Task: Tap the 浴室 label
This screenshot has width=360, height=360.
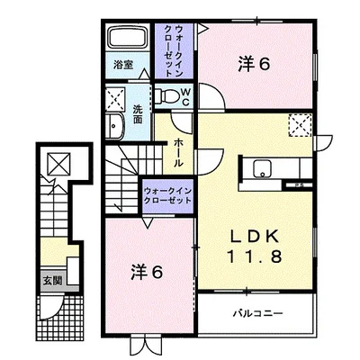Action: pyautogui.click(x=123, y=65)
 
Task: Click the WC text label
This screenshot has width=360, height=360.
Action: pyautogui.click(x=185, y=96)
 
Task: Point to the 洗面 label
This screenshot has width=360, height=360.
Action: pyautogui.click(x=138, y=114)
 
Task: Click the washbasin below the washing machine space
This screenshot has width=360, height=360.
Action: pyautogui.click(x=114, y=127)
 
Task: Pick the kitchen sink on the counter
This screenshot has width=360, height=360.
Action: pyautogui.click(x=263, y=168)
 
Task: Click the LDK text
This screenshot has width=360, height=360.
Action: pyautogui.click(x=255, y=238)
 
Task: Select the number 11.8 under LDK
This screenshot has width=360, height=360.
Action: pyautogui.click(x=255, y=256)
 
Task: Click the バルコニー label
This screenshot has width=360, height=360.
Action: pyautogui.click(x=258, y=314)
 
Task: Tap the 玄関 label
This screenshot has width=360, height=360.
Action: pyautogui.click(x=52, y=281)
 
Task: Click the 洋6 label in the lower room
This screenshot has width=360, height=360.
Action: pyautogui.click(x=147, y=272)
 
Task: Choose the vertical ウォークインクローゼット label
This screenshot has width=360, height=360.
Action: pyautogui.click(x=174, y=51)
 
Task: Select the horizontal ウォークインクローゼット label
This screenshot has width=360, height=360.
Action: pyautogui.click(x=167, y=195)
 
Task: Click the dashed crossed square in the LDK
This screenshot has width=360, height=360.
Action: pyautogui.click(x=301, y=125)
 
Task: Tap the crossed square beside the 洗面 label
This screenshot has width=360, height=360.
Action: pyautogui.click(x=115, y=99)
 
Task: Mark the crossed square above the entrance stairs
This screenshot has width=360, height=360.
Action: pyautogui.click(x=59, y=164)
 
